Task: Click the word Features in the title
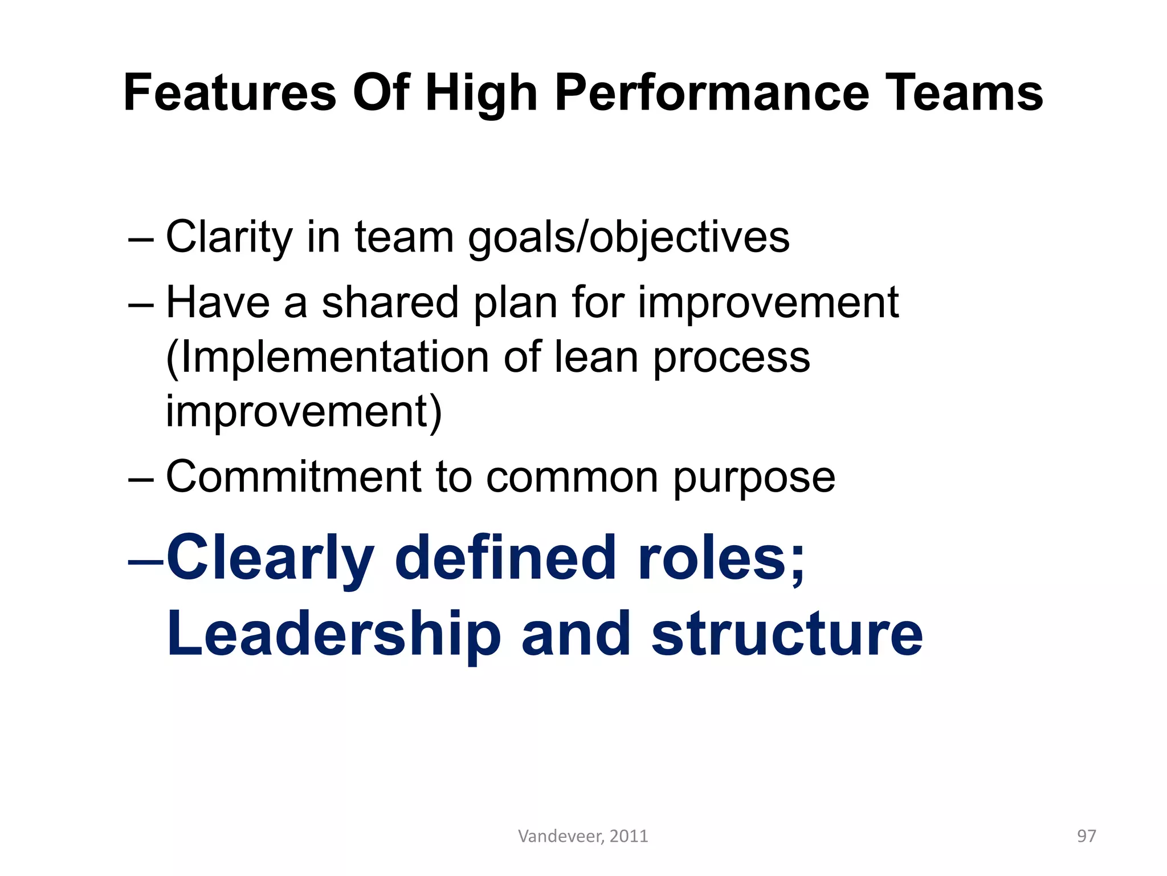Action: pyautogui.click(x=230, y=93)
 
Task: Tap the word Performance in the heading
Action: pyautogui.click(x=712, y=93)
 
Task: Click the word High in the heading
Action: pyautogui.click(x=482, y=93)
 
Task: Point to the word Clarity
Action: pyautogui.click(x=228, y=237)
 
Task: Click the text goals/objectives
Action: pyautogui.click(x=629, y=237)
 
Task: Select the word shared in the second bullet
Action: pyautogui.click(x=390, y=302)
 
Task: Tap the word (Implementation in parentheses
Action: pyautogui.click(x=327, y=358)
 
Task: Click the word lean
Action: pyautogui.click(x=596, y=358)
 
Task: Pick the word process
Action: pyautogui.click(x=732, y=358)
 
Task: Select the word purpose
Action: pyautogui.click(x=754, y=477)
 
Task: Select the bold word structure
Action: pyautogui.click(x=787, y=634)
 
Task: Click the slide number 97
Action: pyautogui.click(x=1086, y=836)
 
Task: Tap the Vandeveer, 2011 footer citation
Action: pyautogui.click(x=583, y=836)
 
